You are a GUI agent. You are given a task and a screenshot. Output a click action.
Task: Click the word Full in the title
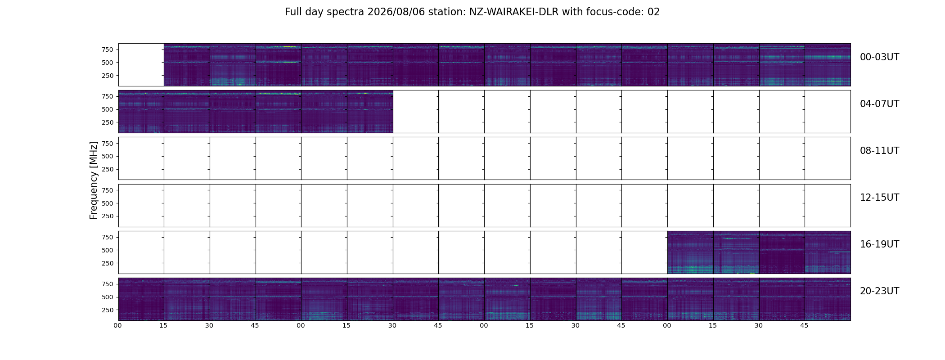[292, 12]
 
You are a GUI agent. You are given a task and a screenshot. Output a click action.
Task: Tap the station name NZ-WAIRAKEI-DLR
[514, 12]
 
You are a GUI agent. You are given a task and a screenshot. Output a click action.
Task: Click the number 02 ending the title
[653, 12]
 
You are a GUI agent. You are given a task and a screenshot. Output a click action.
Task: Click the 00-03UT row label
[879, 57]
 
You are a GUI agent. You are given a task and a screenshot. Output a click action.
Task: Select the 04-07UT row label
[879, 104]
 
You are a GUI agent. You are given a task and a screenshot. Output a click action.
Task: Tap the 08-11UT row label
[879, 151]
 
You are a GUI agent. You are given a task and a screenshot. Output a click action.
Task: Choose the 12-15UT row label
[879, 198]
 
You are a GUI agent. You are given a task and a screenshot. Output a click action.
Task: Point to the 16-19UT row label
[879, 244]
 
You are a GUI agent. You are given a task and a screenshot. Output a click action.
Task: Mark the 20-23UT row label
[879, 291]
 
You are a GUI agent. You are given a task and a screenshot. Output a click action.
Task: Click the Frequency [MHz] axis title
[94, 180]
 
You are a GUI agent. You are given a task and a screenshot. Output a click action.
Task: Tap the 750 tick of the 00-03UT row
[107, 49]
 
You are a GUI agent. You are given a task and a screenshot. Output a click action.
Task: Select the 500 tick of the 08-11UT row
[107, 156]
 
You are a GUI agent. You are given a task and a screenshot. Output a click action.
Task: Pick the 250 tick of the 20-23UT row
[107, 310]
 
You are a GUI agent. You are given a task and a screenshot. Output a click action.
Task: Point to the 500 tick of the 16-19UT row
[107, 250]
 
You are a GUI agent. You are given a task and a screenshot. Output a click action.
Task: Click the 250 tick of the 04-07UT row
[107, 122]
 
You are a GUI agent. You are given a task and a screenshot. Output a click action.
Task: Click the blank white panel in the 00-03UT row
[141, 65]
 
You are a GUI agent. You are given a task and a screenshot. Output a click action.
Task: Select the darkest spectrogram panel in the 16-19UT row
[782, 252]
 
